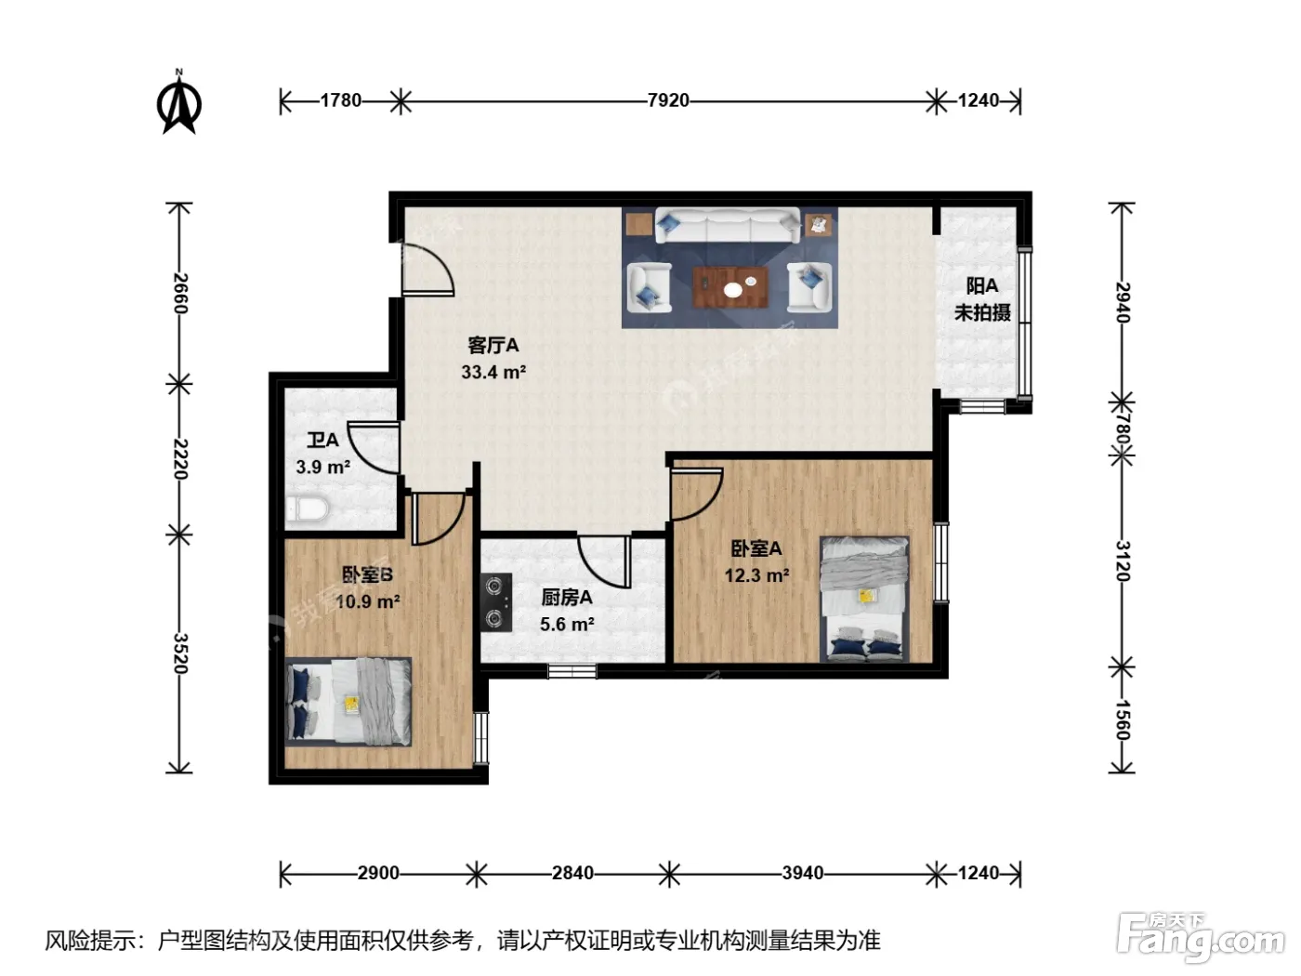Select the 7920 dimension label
(x=668, y=100)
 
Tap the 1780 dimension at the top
(x=340, y=100)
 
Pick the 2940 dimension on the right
(x=1123, y=302)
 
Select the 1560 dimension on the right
(x=1123, y=720)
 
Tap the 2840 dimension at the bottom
(x=572, y=873)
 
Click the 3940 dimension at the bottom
(x=802, y=873)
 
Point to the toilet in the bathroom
(x=307, y=508)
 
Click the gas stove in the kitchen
(x=496, y=602)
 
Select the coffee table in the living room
(x=730, y=287)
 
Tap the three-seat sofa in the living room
(x=728, y=225)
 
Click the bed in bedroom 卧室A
(x=864, y=600)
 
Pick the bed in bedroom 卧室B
(x=348, y=702)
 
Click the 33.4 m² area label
(x=493, y=372)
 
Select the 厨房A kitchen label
(x=566, y=598)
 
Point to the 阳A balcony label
(x=981, y=285)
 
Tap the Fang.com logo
(x=1200, y=938)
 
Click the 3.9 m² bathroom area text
(x=322, y=467)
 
